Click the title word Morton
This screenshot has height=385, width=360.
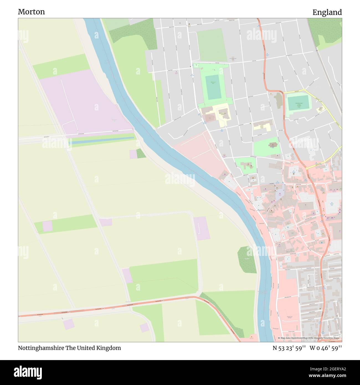point(31,12)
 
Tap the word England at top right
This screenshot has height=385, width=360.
point(327,12)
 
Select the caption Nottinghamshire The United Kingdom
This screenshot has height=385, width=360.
point(69,348)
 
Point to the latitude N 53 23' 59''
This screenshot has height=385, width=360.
point(289,348)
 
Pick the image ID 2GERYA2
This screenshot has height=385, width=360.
point(333,369)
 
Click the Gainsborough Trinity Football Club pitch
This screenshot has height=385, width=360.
point(298,103)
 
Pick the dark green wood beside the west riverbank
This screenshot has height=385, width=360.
point(247,260)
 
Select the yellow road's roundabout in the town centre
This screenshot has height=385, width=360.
point(307,168)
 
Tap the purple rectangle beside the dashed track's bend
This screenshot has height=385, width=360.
point(201,228)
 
